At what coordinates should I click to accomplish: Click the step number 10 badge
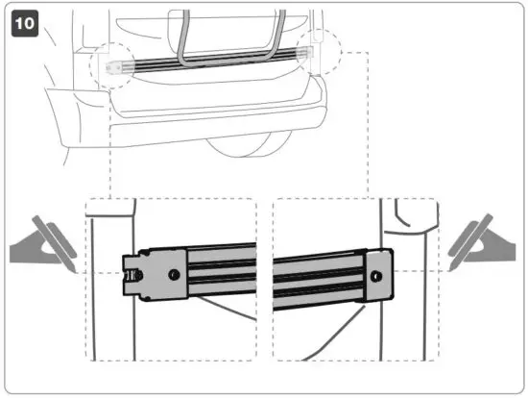[x=24, y=22]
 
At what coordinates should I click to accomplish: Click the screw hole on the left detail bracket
[x=174, y=275]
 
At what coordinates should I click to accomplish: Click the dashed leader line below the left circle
[x=110, y=144]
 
